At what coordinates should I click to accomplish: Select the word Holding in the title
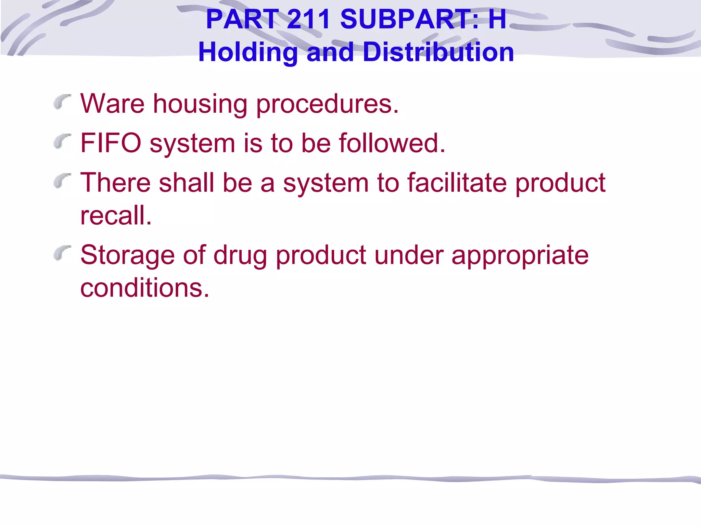click(x=248, y=52)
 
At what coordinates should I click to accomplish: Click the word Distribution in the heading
click(x=438, y=52)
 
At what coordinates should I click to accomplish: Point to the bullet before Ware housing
click(x=62, y=102)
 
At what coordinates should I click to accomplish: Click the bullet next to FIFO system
click(x=62, y=141)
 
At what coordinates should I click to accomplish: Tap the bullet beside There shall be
click(x=62, y=181)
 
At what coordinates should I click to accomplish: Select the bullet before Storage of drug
click(x=62, y=253)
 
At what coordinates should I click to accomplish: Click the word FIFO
click(x=111, y=143)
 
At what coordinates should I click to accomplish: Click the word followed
click(x=392, y=143)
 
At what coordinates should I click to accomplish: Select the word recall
click(x=116, y=215)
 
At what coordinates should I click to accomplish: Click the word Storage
click(x=127, y=255)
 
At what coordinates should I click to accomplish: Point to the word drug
click(x=240, y=255)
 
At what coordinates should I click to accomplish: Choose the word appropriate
click(x=520, y=255)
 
